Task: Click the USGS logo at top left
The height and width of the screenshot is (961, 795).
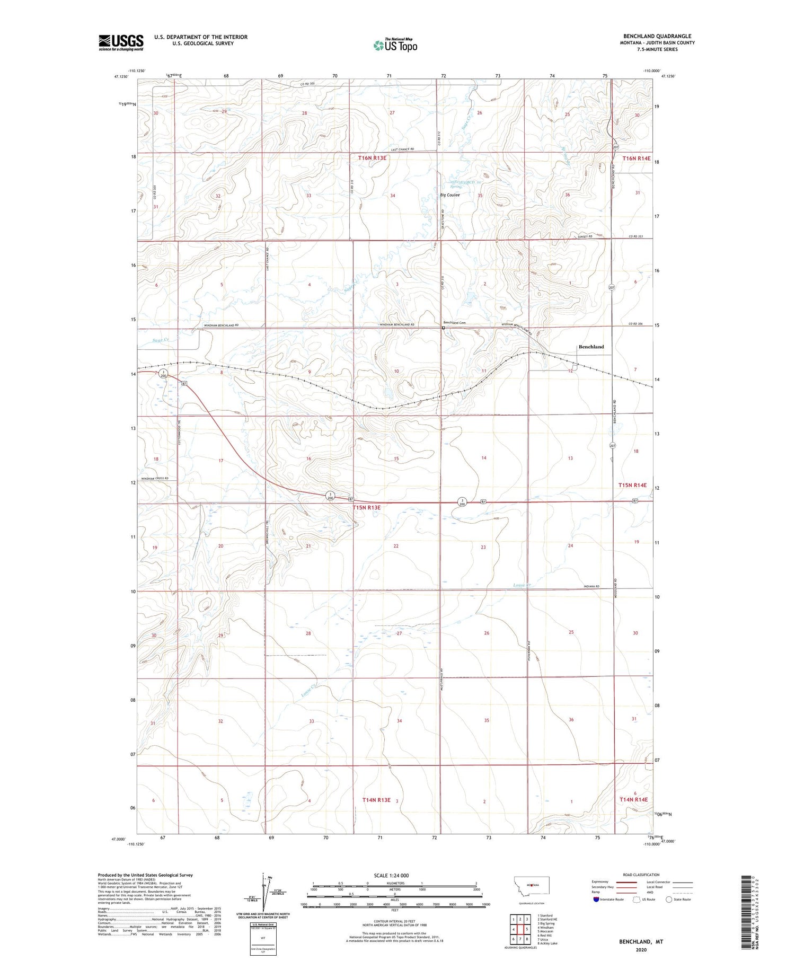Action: (121, 42)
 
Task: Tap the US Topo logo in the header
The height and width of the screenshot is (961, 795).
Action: (395, 46)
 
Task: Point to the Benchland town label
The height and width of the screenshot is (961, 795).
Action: (591, 347)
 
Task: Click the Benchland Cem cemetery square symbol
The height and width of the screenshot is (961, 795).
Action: (444, 328)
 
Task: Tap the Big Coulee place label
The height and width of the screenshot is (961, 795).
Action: (449, 195)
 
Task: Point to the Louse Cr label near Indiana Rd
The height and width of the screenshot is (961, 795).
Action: (522, 585)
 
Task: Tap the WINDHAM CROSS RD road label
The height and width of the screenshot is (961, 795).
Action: (155, 478)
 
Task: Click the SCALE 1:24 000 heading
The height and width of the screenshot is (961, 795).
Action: (391, 875)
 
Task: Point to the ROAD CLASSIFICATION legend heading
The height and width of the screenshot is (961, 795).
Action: (641, 875)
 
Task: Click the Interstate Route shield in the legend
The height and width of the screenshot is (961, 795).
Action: (596, 900)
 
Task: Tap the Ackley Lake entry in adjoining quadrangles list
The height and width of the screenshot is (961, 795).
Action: (547, 944)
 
